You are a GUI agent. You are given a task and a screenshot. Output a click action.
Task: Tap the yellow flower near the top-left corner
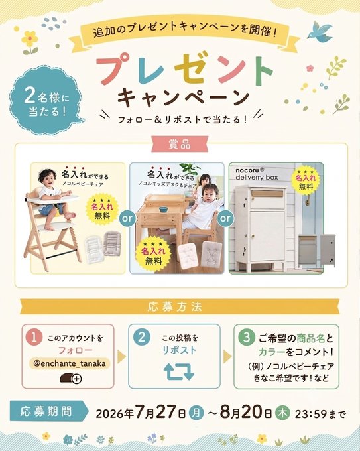click(30, 39)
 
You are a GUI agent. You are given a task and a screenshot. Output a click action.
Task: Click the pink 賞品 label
click(180, 144)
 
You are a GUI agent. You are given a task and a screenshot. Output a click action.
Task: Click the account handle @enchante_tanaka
click(70, 363)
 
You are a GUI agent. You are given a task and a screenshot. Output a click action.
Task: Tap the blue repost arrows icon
click(179, 371)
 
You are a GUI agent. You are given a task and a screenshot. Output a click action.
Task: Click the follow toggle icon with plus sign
click(71, 379)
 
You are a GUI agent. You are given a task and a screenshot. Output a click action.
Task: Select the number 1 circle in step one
click(34, 338)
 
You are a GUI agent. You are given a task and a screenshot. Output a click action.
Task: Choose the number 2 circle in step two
click(141, 337)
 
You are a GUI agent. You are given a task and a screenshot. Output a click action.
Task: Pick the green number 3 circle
click(247, 338)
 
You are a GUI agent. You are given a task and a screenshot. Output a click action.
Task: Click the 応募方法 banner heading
click(175, 307)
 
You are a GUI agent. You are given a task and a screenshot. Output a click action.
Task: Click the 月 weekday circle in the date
click(196, 413)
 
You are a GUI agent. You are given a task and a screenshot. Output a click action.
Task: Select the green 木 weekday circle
click(282, 413)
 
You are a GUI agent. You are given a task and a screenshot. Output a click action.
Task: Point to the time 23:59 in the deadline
click(310, 414)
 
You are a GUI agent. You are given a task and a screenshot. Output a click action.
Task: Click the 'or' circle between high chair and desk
click(127, 218)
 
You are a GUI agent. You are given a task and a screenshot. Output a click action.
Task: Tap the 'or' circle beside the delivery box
click(225, 218)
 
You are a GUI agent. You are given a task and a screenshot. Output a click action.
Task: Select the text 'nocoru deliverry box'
click(257, 174)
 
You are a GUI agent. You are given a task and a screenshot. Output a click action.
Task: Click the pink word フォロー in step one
click(76, 351)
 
